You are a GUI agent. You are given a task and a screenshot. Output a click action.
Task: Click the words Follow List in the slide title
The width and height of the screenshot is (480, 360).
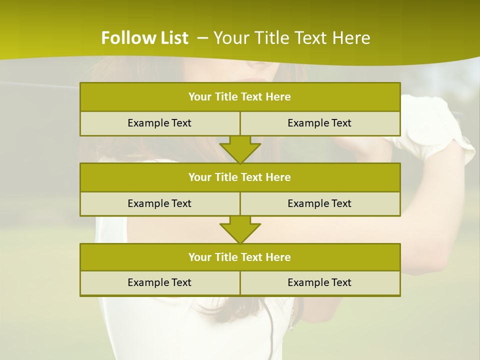(144, 38)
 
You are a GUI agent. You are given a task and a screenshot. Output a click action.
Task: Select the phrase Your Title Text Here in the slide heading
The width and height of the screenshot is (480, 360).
(292, 38)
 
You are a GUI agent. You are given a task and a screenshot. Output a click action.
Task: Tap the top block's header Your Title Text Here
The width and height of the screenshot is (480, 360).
(239, 97)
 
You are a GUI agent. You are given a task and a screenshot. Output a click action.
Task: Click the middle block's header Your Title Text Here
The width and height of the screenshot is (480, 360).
(239, 177)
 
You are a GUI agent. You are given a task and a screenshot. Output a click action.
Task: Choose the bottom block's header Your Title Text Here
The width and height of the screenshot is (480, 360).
(239, 257)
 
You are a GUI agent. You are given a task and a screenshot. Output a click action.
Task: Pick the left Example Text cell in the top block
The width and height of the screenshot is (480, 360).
(159, 123)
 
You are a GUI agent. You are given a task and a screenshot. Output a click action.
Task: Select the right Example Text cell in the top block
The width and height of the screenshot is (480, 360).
(319, 123)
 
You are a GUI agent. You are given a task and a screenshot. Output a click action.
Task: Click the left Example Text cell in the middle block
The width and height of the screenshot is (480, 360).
(159, 203)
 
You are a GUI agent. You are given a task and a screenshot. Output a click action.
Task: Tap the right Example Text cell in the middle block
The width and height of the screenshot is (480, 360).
(319, 203)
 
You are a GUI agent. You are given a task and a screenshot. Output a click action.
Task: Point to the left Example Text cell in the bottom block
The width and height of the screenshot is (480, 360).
(159, 282)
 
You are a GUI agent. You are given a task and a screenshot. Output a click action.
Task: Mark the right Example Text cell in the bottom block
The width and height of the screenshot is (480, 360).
(319, 282)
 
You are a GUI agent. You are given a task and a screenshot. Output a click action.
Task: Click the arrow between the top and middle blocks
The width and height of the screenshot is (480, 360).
(240, 149)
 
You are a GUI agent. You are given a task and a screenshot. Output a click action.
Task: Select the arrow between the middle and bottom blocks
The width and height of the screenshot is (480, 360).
(240, 229)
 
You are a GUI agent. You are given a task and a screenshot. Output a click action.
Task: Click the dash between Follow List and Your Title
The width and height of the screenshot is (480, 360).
(202, 38)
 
